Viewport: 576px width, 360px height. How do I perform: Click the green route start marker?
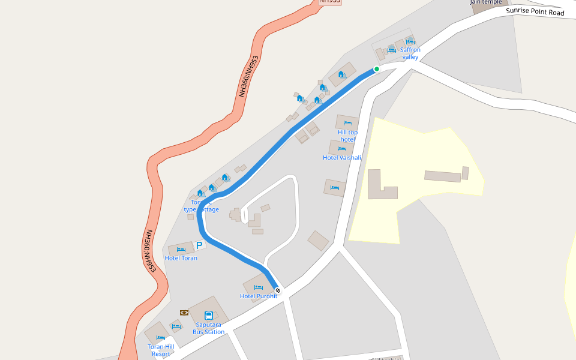click(x=377, y=69)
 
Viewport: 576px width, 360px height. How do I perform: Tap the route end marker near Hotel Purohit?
click(x=277, y=290)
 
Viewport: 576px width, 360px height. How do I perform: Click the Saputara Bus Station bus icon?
click(x=209, y=316)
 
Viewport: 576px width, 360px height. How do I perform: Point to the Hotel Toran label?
click(x=181, y=258)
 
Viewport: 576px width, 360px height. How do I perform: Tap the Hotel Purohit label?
click(x=259, y=296)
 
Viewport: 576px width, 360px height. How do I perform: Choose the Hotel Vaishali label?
click(x=342, y=158)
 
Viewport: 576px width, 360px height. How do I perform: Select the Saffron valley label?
click(x=410, y=53)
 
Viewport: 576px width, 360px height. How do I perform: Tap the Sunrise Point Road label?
click(x=535, y=11)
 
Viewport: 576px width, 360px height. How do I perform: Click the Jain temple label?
click(x=486, y=2)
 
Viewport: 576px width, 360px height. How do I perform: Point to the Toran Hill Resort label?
click(x=161, y=350)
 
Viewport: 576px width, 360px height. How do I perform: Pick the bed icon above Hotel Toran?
click(x=181, y=249)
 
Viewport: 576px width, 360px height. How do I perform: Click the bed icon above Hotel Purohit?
click(x=259, y=287)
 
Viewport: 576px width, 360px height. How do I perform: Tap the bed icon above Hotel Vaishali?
click(x=342, y=149)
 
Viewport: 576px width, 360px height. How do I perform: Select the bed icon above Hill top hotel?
click(x=347, y=123)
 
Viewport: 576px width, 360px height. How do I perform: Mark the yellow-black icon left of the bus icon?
click(x=184, y=313)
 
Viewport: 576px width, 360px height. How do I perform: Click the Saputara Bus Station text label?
click(x=209, y=328)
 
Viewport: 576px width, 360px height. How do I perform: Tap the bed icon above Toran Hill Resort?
click(x=161, y=338)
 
